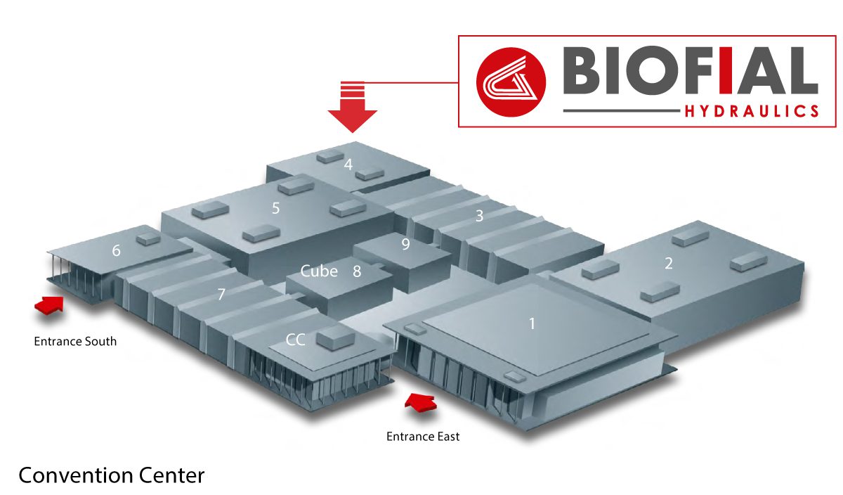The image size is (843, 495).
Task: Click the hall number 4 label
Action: click(x=348, y=165)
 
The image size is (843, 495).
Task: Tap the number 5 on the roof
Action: click(x=276, y=208)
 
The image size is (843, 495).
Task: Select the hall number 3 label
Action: click(x=479, y=216)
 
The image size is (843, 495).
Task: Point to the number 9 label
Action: click(x=405, y=244)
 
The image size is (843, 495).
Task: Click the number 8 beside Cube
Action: click(x=357, y=271)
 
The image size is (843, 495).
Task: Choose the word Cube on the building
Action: click(x=319, y=271)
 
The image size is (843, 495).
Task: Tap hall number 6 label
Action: click(x=117, y=250)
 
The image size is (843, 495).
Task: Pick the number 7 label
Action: click(x=221, y=294)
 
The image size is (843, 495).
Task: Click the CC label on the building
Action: click(x=296, y=340)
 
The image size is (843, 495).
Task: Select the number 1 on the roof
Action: click(x=532, y=323)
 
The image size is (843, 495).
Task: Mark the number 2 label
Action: click(x=668, y=264)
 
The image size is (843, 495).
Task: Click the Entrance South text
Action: click(x=75, y=341)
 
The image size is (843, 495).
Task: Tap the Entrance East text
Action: click(x=423, y=437)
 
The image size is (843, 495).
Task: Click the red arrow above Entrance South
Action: click(x=49, y=304)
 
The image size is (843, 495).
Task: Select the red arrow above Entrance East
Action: click(x=421, y=401)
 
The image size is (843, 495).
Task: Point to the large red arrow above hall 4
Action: click(x=352, y=108)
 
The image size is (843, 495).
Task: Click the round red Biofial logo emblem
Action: click(x=511, y=82)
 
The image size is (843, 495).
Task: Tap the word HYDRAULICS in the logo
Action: click(x=752, y=112)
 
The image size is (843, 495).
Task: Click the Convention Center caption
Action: click(x=112, y=475)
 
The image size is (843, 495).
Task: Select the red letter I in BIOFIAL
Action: click(x=726, y=70)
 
